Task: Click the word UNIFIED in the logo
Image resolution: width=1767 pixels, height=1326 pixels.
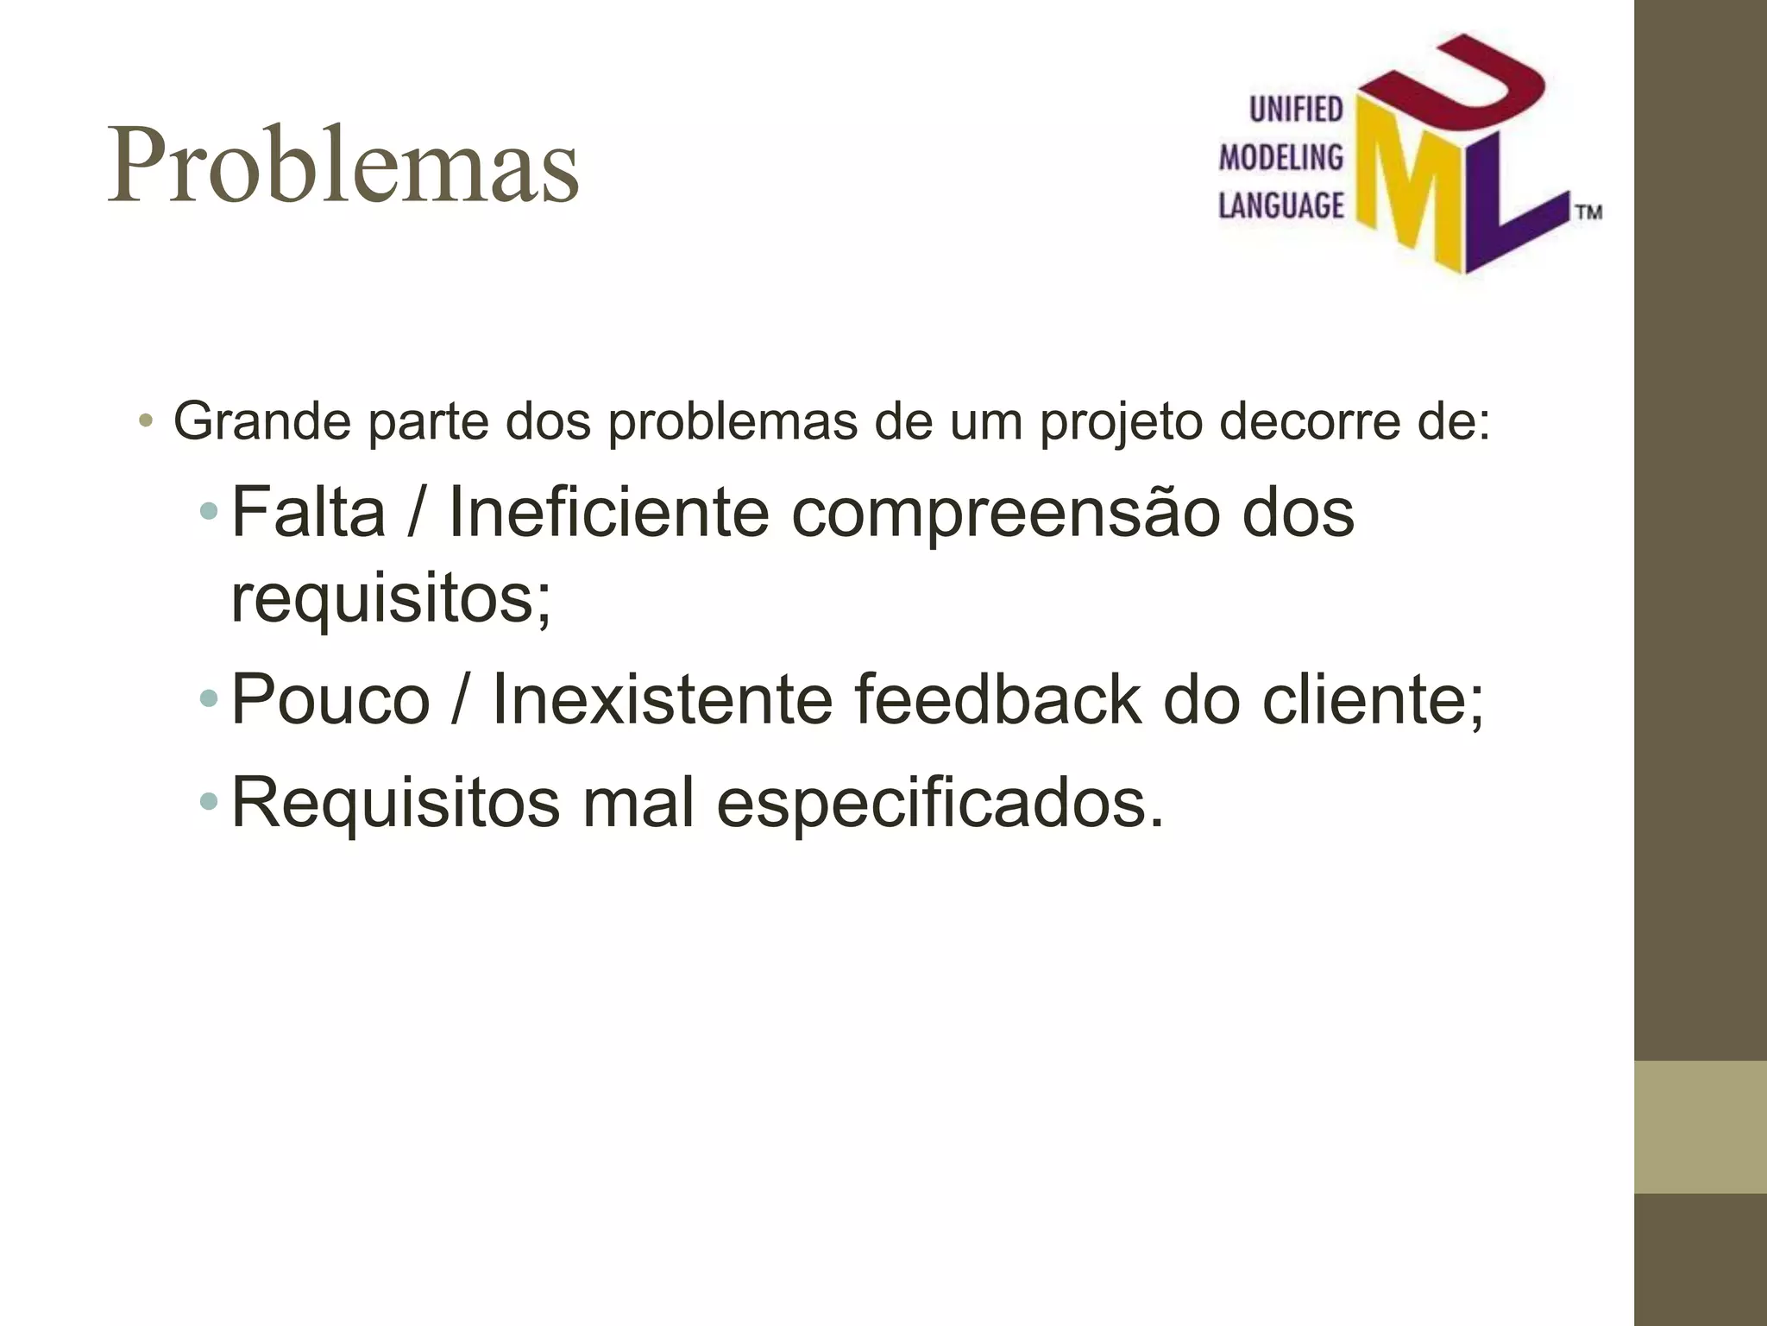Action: [1296, 110]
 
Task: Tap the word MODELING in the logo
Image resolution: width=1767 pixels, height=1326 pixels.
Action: [1280, 157]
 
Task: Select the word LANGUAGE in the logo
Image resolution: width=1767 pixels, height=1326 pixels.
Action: [1280, 205]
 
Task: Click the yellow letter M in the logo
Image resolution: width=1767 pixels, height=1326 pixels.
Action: [1415, 190]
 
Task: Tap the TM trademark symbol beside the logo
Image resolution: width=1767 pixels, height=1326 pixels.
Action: [1588, 212]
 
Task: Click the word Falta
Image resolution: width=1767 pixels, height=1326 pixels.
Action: [308, 512]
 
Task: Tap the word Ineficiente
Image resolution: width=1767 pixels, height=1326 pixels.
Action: [608, 512]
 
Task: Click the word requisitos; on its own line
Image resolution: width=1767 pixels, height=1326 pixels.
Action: [391, 599]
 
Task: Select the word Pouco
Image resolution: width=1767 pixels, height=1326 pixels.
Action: [330, 699]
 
